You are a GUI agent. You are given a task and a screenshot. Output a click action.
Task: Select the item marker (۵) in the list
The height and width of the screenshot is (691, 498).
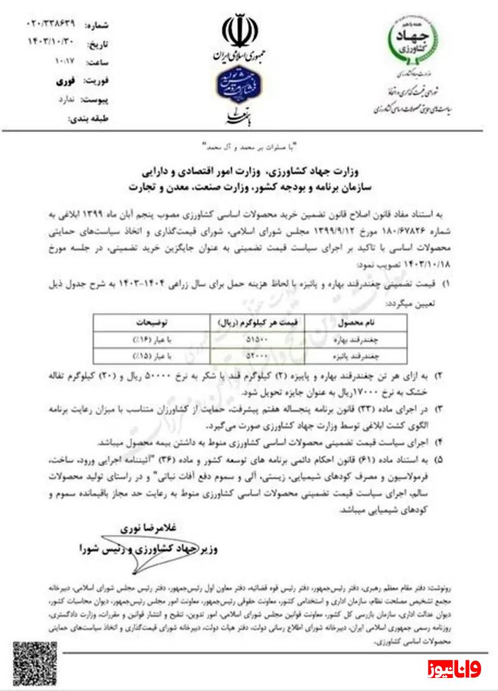[x=439, y=461]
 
